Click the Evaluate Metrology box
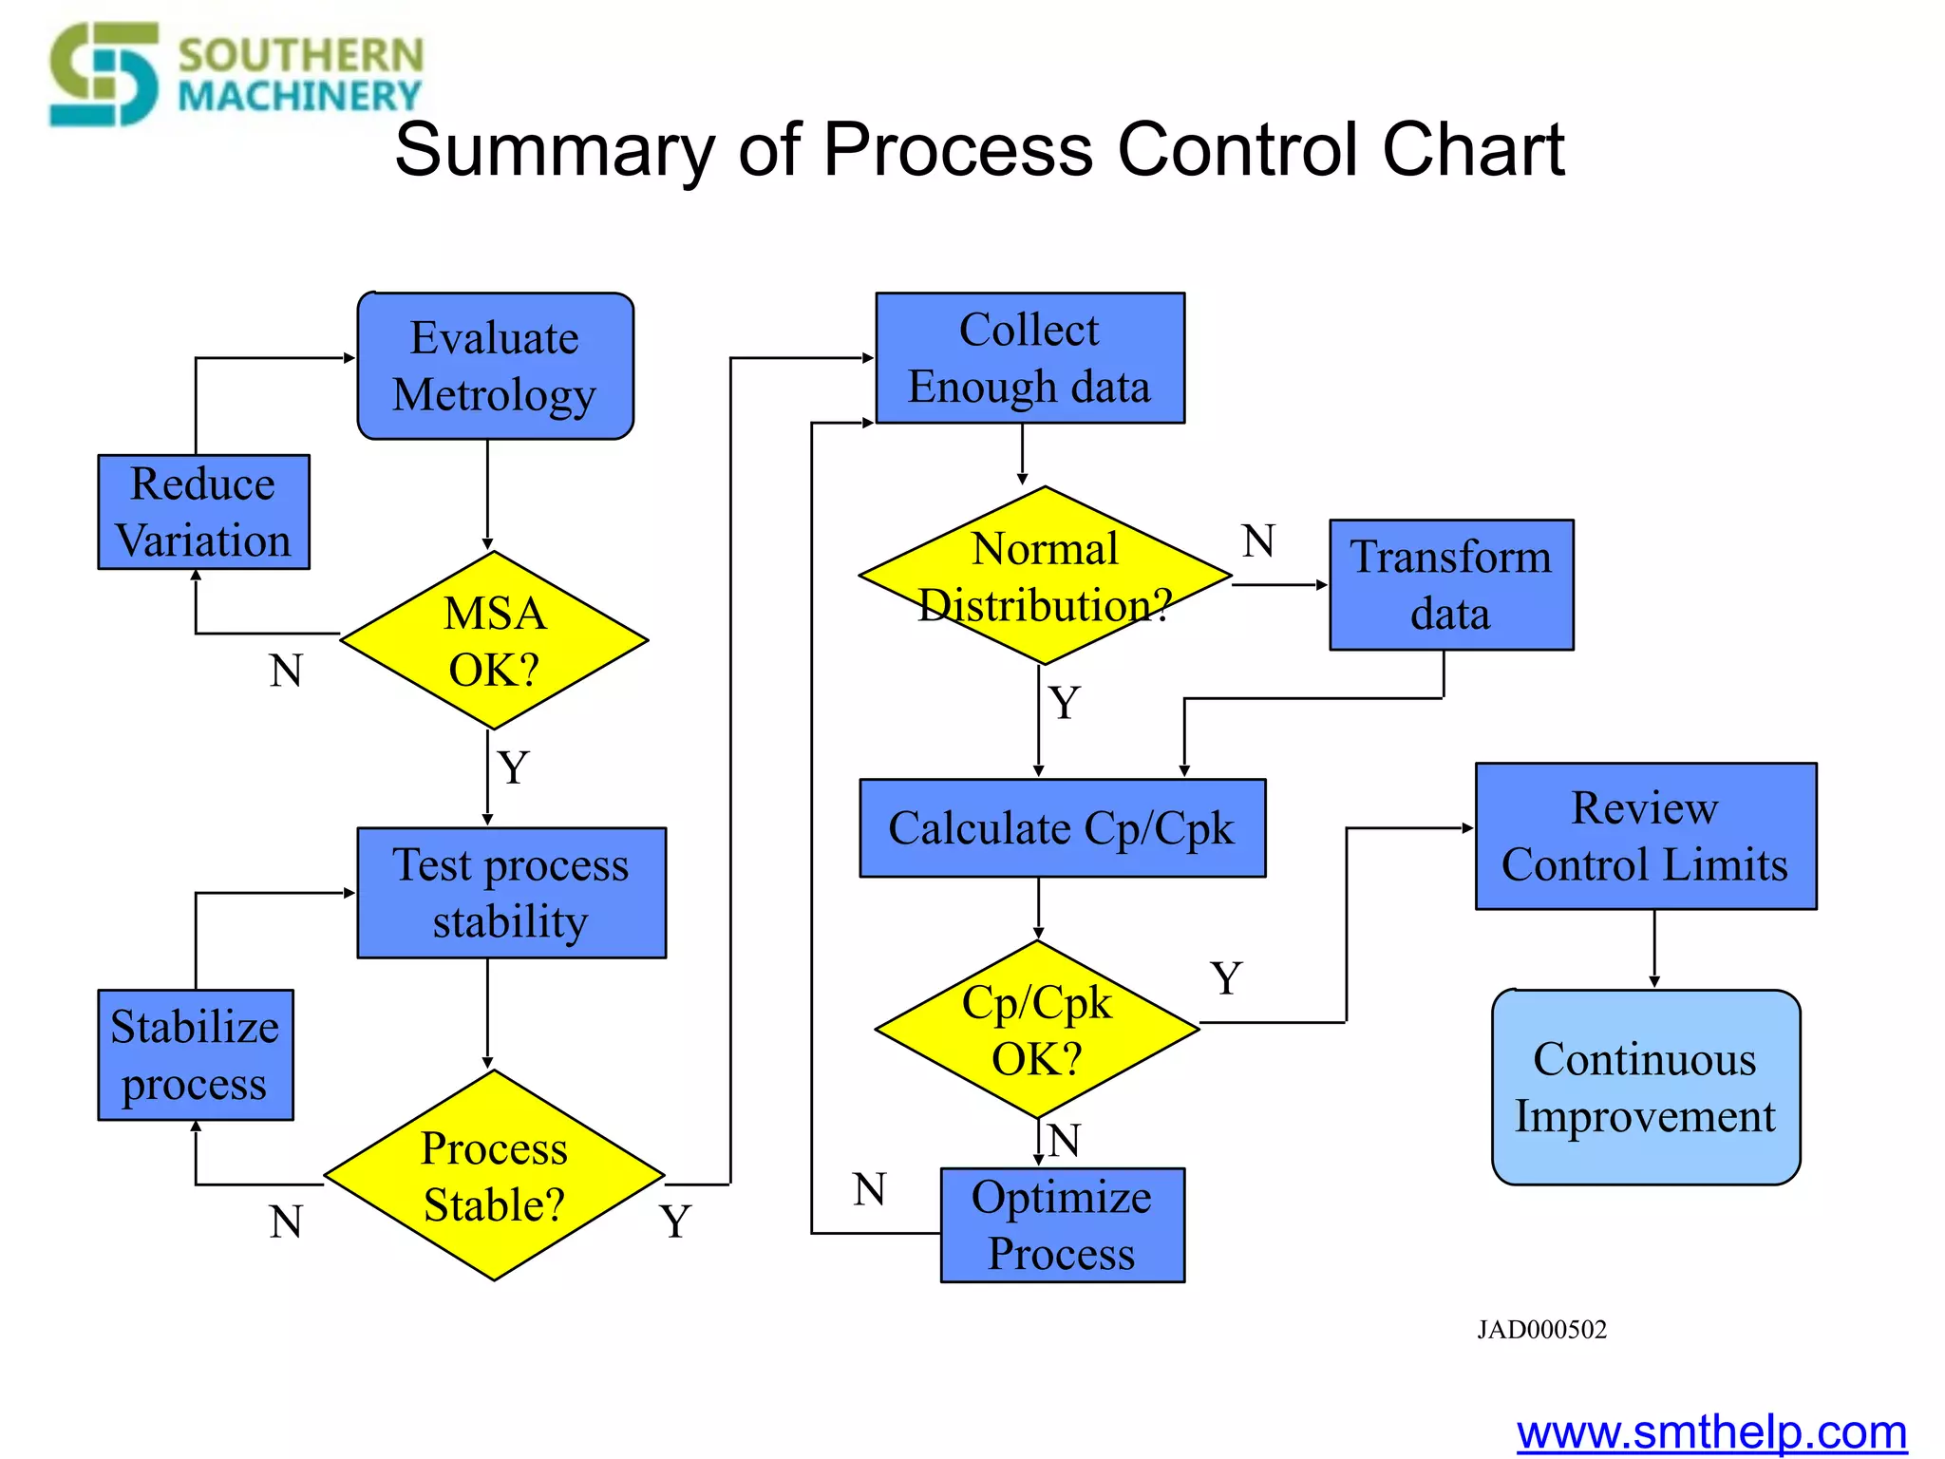coord(495,366)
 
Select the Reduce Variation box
coord(203,512)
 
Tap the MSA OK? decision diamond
coord(494,641)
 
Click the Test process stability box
coord(511,893)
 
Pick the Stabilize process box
coord(195,1054)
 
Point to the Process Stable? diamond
coord(494,1176)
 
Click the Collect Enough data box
coord(1029,358)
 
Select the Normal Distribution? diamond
coord(1045,576)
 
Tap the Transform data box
coord(1450,585)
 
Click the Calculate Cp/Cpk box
coord(1062,828)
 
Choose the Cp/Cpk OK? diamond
coord(1037,1030)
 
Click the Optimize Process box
coord(1062,1225)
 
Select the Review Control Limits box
coord(1645,836)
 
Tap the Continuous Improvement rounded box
coord(1645,1088)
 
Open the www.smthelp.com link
coord(1710,1432)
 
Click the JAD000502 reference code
coord(1541,1329)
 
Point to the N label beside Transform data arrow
coord(1258,541)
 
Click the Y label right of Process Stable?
coord(675,1221)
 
